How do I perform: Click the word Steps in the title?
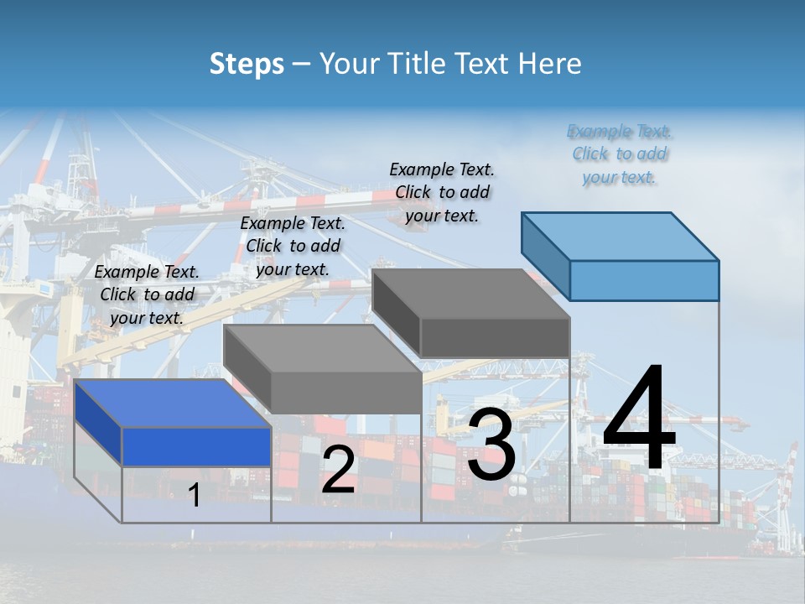[247, 64]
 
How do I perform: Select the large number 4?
[639, 419]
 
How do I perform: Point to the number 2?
[338, 470]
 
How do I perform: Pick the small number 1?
[195, 496]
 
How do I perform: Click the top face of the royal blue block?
[172, 404]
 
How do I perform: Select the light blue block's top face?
[621, 237]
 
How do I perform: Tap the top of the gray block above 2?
[323, 349]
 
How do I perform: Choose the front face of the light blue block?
[644, 280]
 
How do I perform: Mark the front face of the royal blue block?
[196, 446]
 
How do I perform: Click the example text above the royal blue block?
[148, 294]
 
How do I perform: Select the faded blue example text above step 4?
[620, 154]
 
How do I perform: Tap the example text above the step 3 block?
[442, 192]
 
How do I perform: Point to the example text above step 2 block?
[293, 246]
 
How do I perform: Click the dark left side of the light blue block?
[545, 252]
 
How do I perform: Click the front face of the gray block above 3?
[495, 337]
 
